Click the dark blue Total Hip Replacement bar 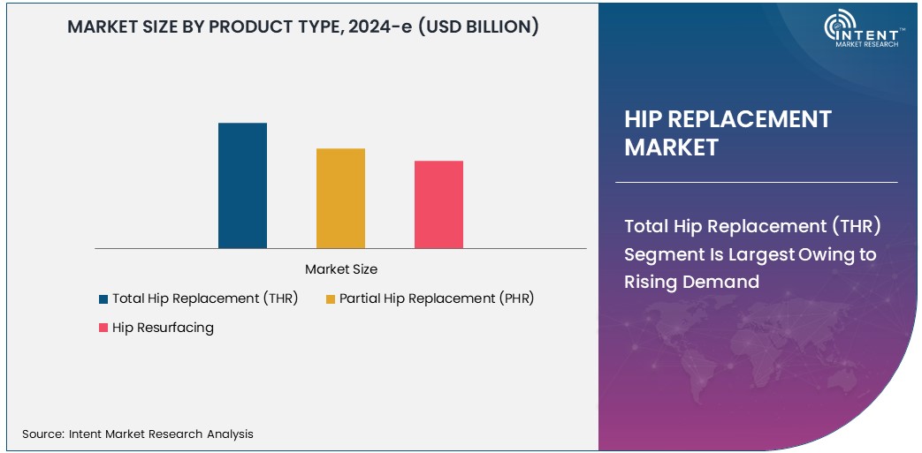coord(242,185)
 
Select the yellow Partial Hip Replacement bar coord(340,198)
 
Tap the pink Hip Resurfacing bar coord(438,204)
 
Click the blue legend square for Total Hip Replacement coord(103,299)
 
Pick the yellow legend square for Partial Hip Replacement coord(331,299)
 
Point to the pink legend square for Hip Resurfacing coord(103,328)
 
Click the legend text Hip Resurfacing coord(163,328)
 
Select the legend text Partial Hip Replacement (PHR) coord(437,298)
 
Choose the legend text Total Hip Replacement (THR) coord(205,298)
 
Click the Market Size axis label coord(340,268)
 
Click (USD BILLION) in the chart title coord(477,26)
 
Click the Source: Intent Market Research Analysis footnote coord(138,434)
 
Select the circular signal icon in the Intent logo coord(838,27)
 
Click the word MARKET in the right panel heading coord(671,147)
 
